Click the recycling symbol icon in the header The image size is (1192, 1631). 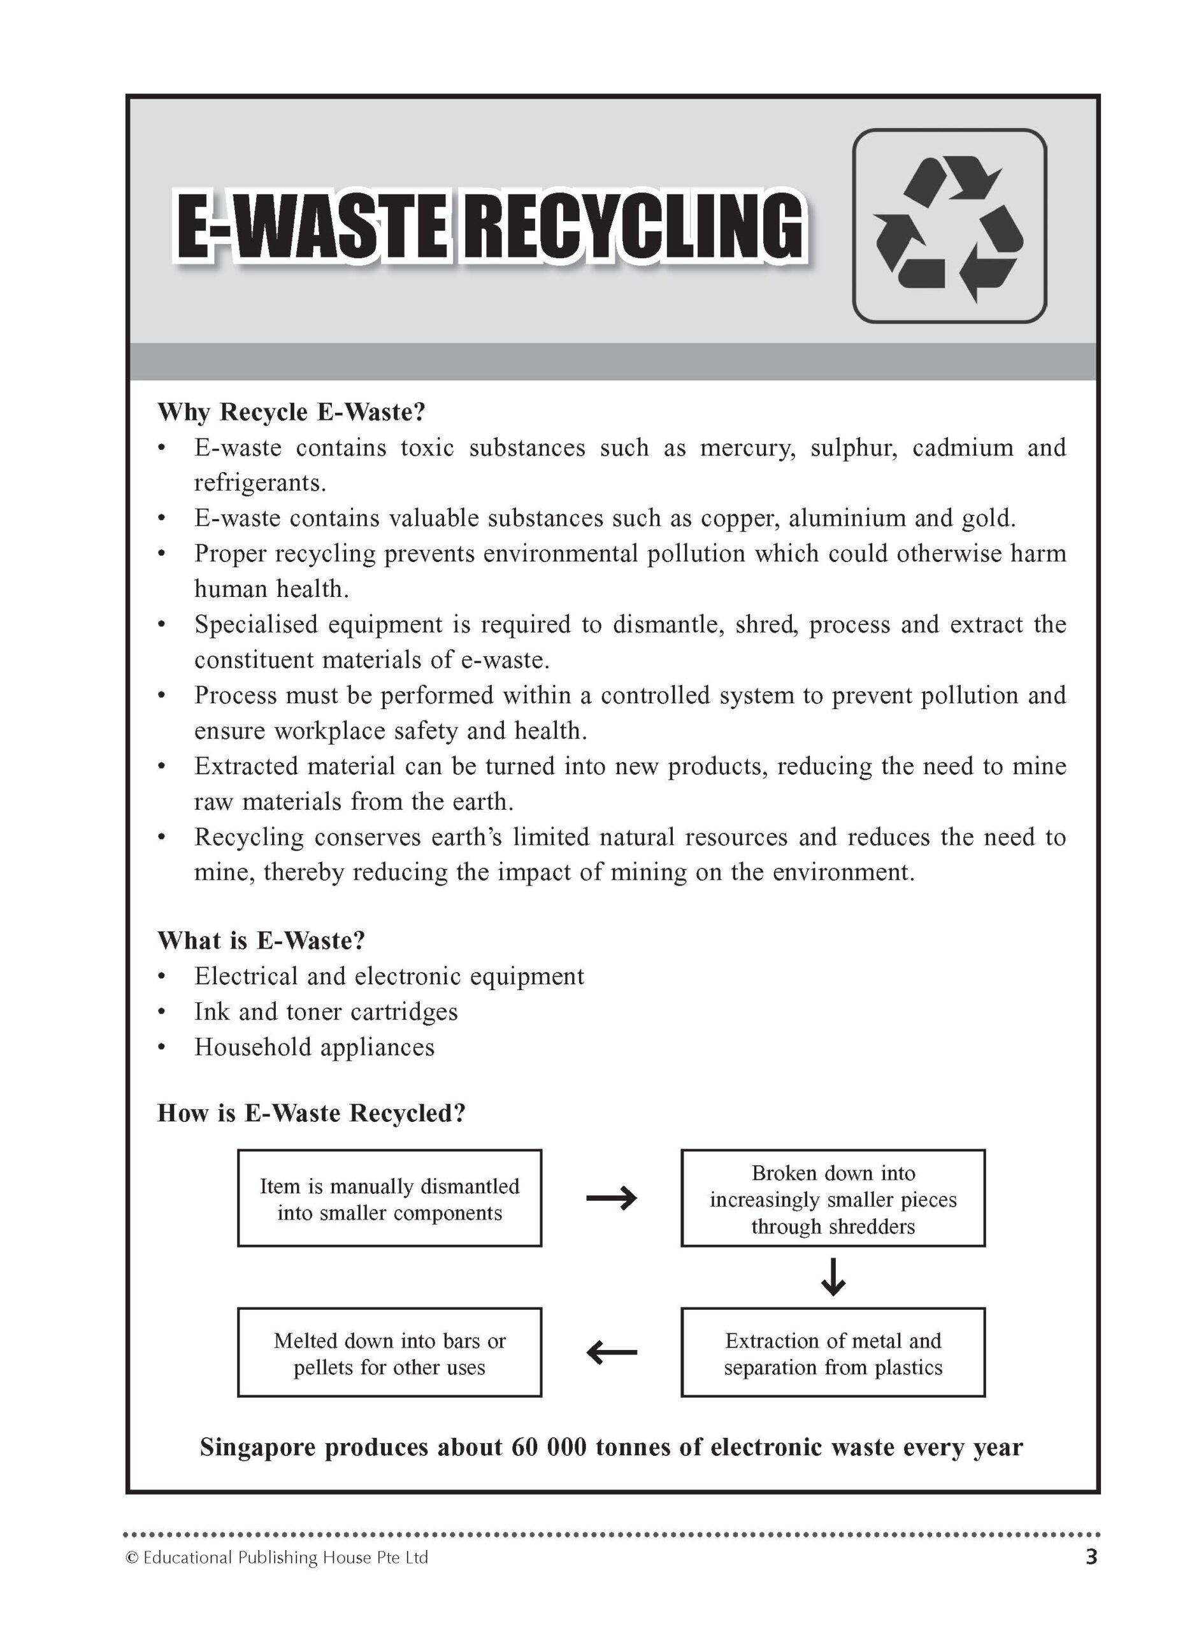949,226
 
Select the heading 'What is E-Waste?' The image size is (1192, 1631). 261,940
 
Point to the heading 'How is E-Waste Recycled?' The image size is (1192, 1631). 311,1113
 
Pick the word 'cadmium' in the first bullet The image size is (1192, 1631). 963,448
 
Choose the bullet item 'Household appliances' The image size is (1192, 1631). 314,1047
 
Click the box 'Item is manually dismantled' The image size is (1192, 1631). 390,1198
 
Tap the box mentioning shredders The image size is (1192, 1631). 833,1198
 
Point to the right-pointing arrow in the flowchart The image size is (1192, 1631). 611,1198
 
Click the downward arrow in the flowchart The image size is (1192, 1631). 833,1276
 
